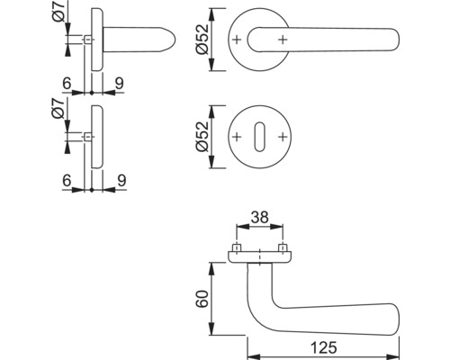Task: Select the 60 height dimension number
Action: pos(202,298)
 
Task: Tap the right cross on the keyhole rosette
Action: pos(283,137)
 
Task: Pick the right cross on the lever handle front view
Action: pos(283,40)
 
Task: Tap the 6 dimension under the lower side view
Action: pos(67,179)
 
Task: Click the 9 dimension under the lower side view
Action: pos(119,179)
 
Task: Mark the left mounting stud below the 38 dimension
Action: pos(238,247)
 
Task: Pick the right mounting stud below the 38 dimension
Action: pos(282,247)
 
